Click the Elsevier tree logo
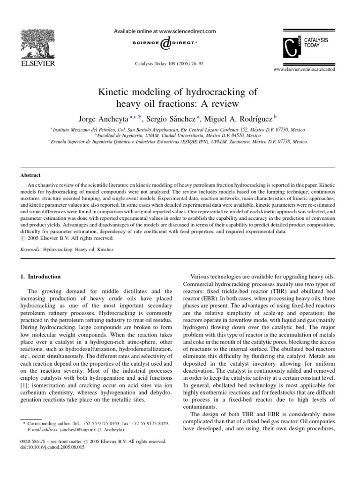(33, 40)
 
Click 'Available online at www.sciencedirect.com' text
(165, 31)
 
